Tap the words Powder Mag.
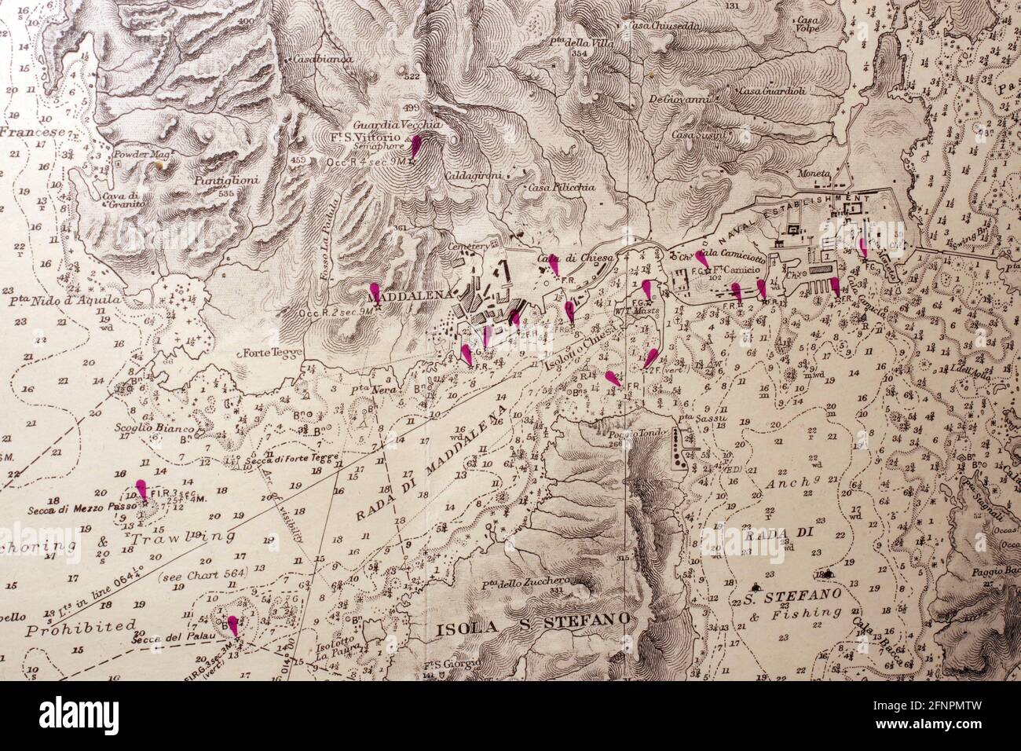137,156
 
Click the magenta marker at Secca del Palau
232,625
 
